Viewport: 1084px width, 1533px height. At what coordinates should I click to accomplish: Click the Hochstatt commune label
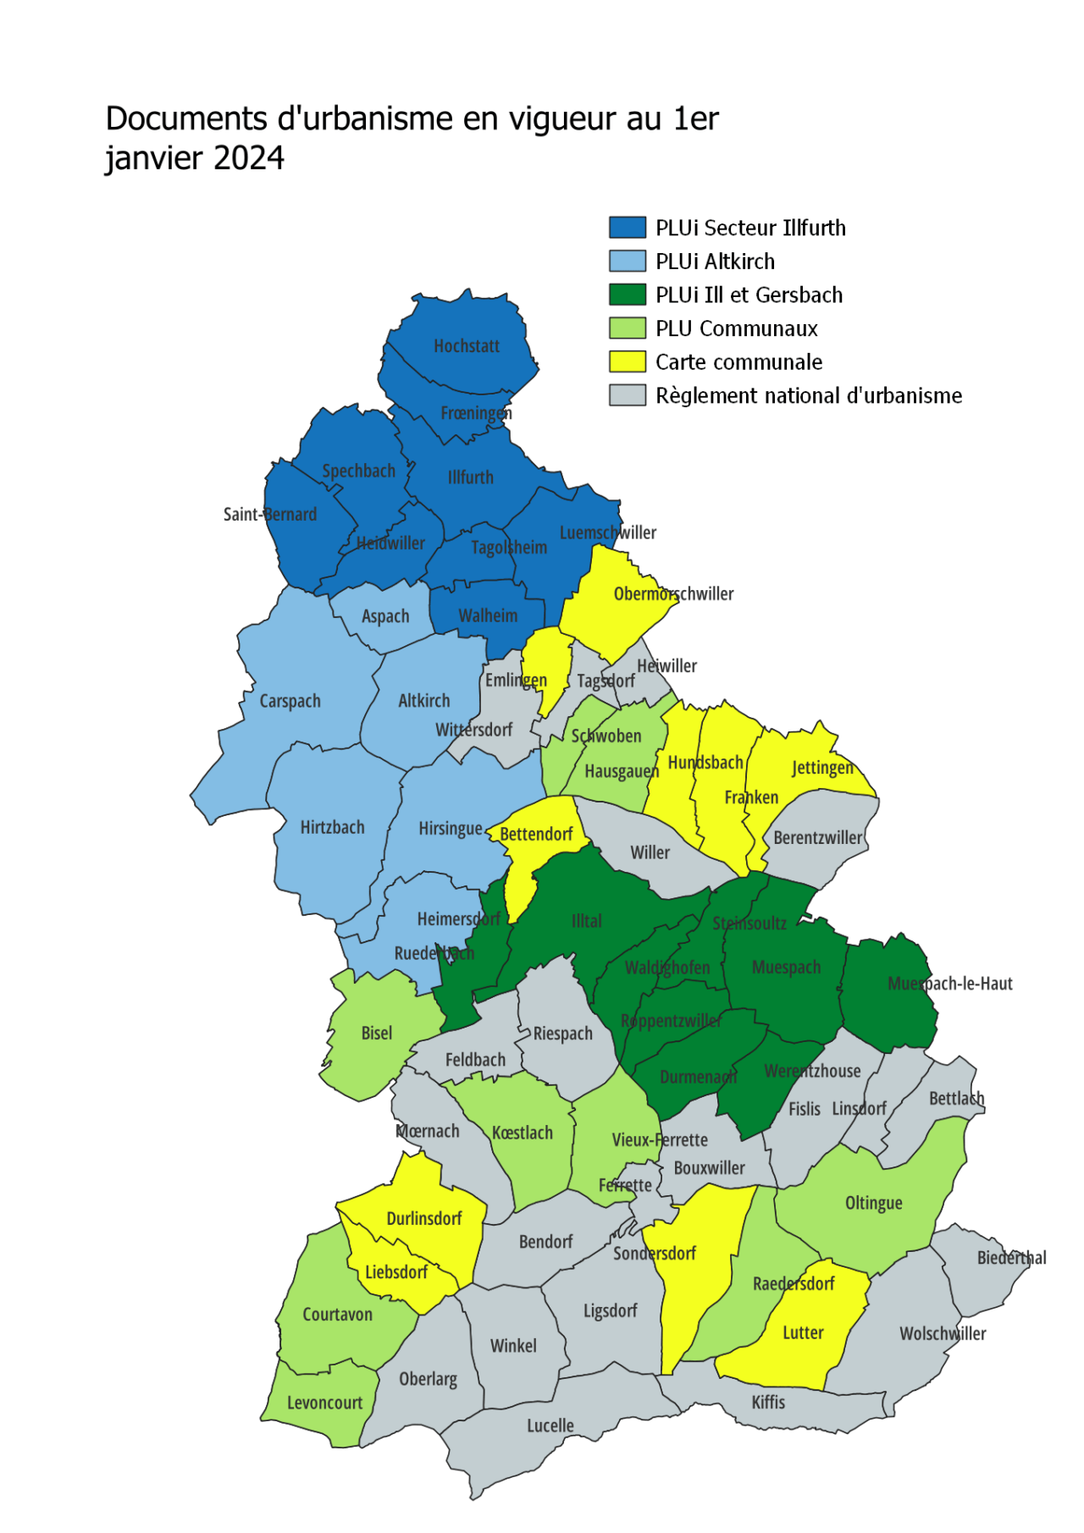[467, 345]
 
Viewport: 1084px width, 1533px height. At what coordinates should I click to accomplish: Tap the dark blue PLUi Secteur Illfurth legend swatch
[628, 228]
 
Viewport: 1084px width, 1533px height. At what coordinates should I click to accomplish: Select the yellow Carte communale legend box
[628, 361]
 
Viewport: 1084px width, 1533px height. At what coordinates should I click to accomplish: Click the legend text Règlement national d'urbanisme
[808, 395]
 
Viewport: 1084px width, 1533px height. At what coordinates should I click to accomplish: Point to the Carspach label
[290, 701]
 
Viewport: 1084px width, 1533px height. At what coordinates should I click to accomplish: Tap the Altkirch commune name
[423, 701]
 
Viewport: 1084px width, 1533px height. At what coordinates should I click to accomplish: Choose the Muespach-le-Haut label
[949, 984]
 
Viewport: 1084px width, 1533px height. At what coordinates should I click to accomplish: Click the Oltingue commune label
[873, 1203]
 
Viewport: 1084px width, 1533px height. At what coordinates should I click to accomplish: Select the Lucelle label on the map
[550, 1425]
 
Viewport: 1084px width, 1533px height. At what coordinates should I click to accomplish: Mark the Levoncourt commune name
[324, 1403]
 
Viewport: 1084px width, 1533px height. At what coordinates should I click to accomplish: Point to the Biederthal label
[1011, 1258]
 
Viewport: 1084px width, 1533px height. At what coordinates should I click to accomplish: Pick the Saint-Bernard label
[269, 515]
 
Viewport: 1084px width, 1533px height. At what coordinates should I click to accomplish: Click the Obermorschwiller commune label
[673, 593]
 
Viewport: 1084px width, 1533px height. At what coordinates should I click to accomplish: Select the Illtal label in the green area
[586, 921]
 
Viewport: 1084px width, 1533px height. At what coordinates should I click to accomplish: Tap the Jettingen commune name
[822, 768]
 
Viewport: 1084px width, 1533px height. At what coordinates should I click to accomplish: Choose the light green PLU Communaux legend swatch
[628, 328]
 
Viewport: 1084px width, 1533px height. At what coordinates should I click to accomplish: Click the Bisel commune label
[376, 1033]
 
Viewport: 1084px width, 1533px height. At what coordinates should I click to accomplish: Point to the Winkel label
[513, 1346]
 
